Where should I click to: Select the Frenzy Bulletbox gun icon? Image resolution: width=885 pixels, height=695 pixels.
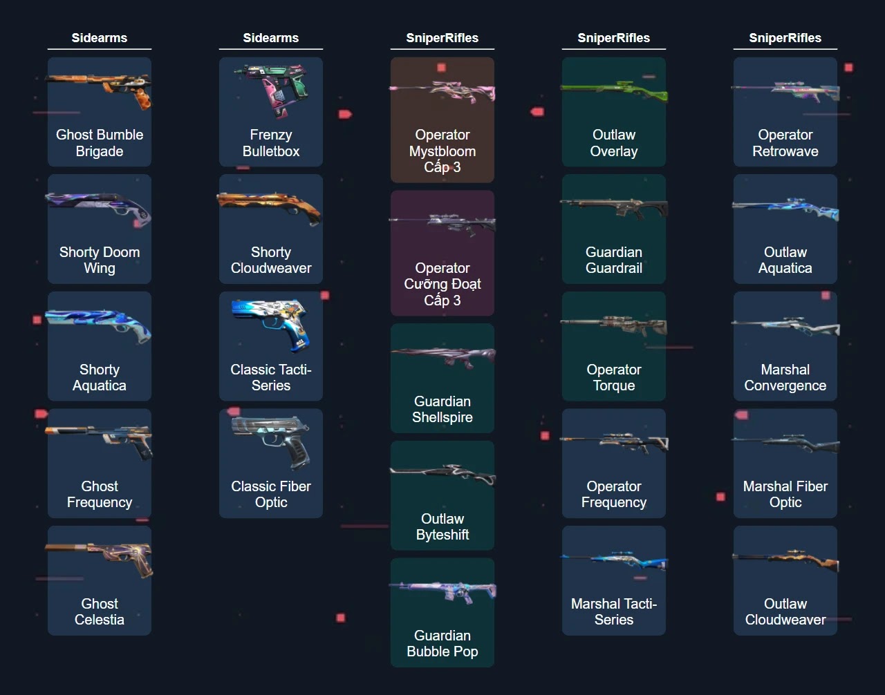270,91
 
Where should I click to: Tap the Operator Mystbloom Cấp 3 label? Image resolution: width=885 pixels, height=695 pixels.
442,151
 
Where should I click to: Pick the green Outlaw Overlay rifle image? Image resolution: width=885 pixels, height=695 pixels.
614,90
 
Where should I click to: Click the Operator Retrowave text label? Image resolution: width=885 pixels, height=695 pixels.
785,143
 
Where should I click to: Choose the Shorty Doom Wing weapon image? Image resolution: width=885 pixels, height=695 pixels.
99,207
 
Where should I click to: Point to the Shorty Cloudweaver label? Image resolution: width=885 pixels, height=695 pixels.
271,260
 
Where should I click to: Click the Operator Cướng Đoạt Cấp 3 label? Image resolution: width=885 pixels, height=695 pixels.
442,284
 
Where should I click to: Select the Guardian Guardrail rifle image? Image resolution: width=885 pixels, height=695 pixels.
614,208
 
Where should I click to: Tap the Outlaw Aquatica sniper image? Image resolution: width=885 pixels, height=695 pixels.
785,208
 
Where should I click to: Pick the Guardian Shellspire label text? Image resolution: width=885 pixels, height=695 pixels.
442,410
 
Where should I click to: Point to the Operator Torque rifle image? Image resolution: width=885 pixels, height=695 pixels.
614,325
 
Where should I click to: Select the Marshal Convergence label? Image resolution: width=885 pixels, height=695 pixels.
785,378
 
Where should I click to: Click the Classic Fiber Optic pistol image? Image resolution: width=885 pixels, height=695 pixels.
270,441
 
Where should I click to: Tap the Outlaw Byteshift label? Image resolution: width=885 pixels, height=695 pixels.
442,527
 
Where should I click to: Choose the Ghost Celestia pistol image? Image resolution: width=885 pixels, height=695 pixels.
99,558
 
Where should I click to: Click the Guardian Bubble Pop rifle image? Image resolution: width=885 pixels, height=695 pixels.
442,591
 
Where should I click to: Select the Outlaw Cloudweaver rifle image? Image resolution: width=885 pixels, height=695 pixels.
785,560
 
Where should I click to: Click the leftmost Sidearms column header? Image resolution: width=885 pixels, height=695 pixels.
99,38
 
